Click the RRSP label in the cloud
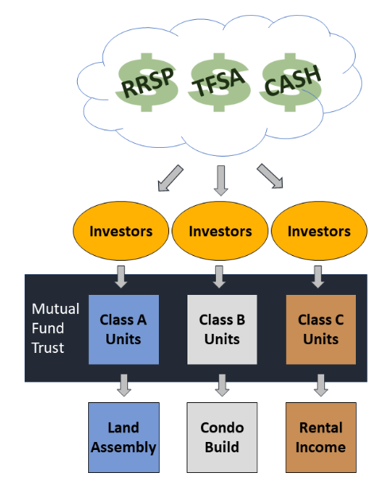click(148, 82)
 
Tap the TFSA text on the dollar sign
click(218, 82)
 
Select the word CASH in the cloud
click(292, 80)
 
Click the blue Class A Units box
click(124, 330)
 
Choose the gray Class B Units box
click(222, 330)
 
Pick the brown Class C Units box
click(321, 330)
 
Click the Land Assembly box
click(124, 437)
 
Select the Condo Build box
click(222, 437)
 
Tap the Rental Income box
click(321, 437)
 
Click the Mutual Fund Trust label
click(56, 328)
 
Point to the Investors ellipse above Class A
click(121, 231)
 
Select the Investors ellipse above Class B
click(220, 231)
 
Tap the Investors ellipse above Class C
click(319, 231)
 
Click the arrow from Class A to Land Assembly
click(124, 386)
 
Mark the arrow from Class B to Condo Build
click(222, 386)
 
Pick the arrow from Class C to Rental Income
click(321, 386)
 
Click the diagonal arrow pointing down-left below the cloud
click(170, 178)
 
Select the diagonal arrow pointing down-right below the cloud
click(270, 176)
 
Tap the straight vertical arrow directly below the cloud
click(221, 180)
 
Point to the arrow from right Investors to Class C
click(318, 277)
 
